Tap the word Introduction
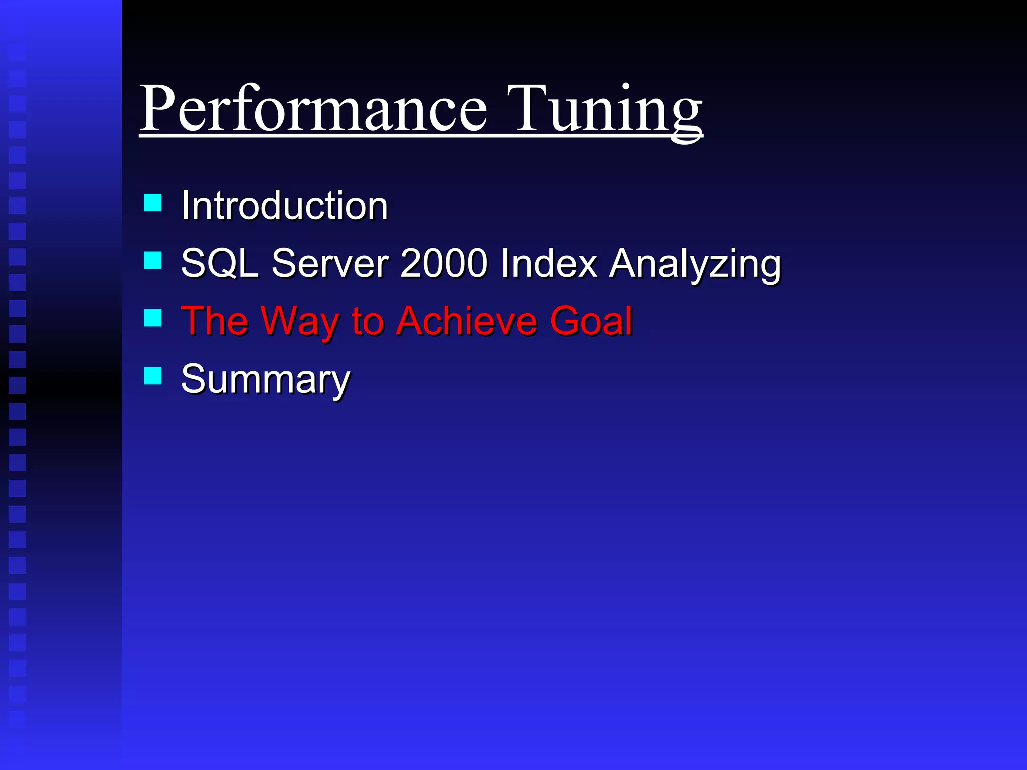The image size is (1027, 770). [x=284, y=206]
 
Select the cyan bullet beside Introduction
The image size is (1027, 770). [x=152, y=203]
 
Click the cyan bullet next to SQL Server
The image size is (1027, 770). [x=152, y=260]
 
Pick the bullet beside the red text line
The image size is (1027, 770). [x=152, y=318]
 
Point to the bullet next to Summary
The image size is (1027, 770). [x=152, y=375]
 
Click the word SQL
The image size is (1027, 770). [x=220, y=263]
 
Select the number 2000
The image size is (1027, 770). [x=444, y=263]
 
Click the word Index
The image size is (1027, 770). [x=549, y=263]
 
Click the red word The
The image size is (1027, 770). [x=215, y=321]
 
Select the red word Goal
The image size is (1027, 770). [x=591, y=321]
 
